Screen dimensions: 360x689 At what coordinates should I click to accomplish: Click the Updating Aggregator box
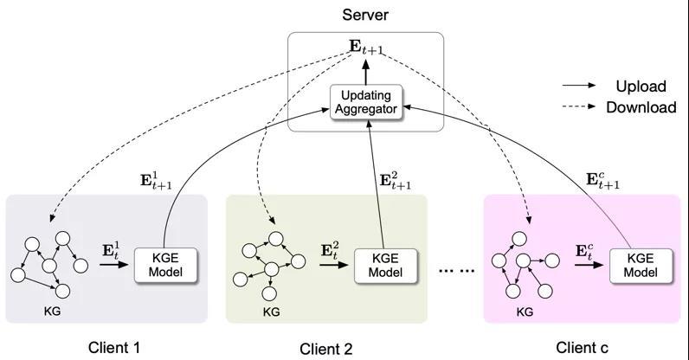point(365,102)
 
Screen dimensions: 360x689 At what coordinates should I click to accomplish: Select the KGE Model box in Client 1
point(165,265)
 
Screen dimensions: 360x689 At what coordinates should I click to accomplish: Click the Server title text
point(365,16)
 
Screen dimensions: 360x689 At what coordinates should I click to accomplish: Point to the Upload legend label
point(641,86)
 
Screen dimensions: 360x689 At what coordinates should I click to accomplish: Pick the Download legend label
point(641,107)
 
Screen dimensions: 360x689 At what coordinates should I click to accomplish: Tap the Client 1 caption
point(114,347)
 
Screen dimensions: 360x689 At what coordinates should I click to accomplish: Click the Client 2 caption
point(326,349)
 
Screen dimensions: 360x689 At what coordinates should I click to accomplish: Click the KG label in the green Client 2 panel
point(271,312)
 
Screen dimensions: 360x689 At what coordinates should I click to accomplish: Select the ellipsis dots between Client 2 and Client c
point(456,271)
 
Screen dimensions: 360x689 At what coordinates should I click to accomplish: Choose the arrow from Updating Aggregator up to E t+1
point(365,72)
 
